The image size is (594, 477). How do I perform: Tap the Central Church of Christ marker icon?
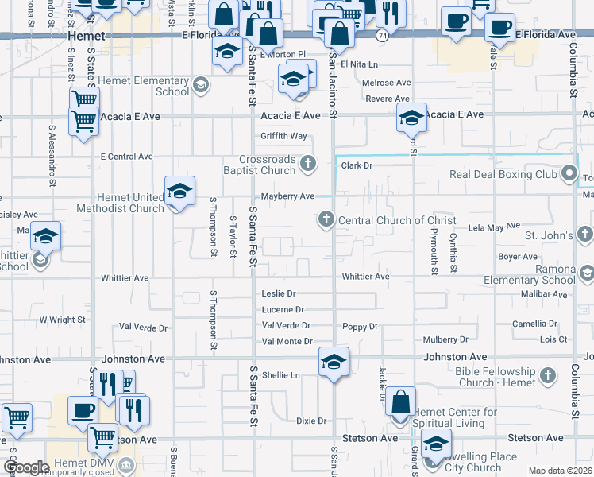pos(326,219)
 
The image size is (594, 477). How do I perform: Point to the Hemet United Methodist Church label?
pos(119,204)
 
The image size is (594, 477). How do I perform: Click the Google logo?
pos(25,467)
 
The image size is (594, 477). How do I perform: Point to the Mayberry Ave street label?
pos(288,196)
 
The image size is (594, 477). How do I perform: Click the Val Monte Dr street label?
pos(287,342)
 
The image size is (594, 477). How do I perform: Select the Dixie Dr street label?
pos(311,421)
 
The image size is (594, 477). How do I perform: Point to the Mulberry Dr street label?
pos(445,340)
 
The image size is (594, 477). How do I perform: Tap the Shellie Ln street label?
pos(281,375)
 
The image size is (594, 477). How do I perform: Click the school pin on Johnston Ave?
pos(334,362)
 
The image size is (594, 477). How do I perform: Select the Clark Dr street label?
pos(357,166)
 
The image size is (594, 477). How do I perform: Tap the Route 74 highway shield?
pos(383,36)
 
